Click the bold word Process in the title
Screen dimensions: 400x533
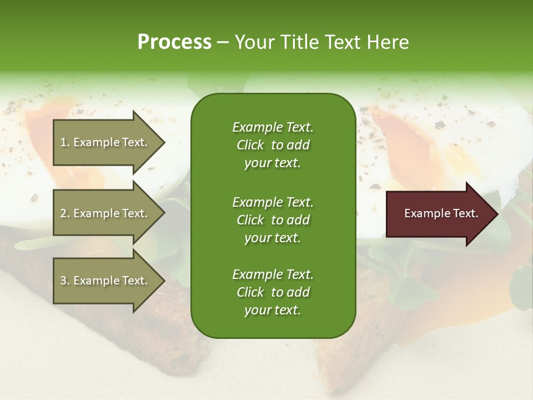(174, 42)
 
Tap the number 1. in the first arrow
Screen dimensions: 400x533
(65, 142)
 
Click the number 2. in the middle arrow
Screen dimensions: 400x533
(65, 213)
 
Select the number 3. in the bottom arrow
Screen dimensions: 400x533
(65, 281)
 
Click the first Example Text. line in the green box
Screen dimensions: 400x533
(273, 127)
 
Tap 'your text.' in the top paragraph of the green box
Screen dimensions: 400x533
(273, 163)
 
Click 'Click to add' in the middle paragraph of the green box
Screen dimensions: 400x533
(273, 220)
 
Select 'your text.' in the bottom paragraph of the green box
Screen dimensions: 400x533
(273, 311)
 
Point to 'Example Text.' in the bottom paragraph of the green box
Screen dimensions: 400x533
(273, 274)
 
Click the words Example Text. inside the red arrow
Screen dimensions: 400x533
(441, 213)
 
